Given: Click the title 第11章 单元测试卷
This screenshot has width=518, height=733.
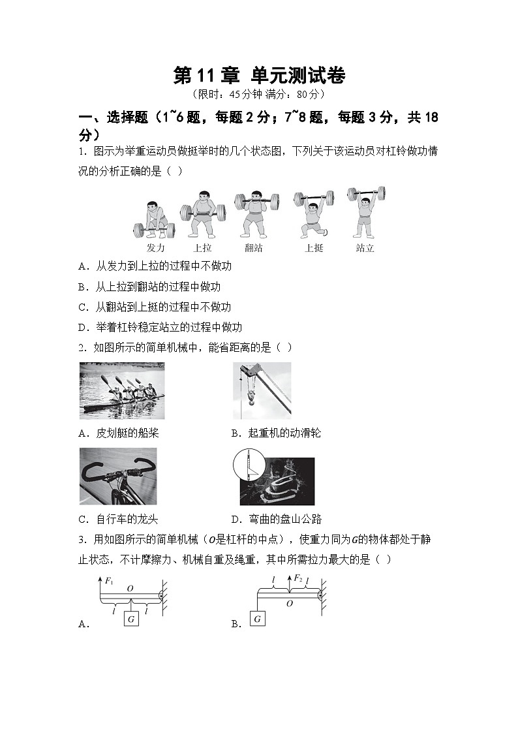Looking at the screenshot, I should point(259,76).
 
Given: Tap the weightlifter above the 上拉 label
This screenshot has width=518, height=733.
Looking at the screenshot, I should point(203,213).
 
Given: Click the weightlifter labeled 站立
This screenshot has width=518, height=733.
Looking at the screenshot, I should point(365,212).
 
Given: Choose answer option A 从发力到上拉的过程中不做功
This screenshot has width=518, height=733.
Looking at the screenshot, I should point(155,266).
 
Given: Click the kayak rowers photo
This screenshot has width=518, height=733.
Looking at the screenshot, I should point(122,390).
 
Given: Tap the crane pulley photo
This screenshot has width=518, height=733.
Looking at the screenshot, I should point(262,390).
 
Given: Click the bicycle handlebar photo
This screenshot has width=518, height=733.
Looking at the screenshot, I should point(118,476).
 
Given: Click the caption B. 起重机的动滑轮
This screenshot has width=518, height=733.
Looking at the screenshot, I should point(276,433).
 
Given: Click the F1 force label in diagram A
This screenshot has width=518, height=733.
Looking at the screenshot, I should point(109,579).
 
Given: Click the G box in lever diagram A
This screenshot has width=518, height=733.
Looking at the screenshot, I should point(131,619).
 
